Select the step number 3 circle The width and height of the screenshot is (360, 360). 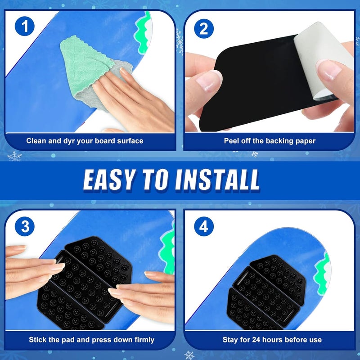pos(25,227)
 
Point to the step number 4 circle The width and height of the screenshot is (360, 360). pos(204,227)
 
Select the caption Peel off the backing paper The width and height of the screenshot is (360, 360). pos(270,141)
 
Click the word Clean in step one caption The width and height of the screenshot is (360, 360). pos(36,141)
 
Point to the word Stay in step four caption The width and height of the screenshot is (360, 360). pos(231,340)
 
